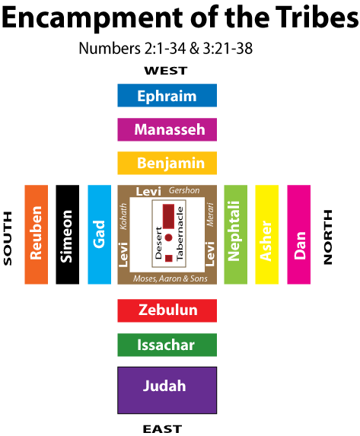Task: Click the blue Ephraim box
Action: tap(167, 95)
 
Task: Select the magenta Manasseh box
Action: tap(167, 129)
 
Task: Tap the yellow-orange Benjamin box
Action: tap(167, 163)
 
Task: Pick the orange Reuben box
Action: tap(37, 234)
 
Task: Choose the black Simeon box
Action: tap(67, 234)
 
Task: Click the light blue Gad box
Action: tap(99, 234)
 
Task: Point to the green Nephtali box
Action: tap(236, 234)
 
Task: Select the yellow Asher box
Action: tap(267, 234)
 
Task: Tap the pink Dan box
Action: tap(299, 234)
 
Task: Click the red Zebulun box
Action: tap(167, 310)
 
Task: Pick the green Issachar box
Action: tap(167, 345)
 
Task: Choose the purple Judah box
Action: tap(167, 390)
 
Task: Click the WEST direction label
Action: tap(166, 71)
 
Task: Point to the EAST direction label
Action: tap(162, 428)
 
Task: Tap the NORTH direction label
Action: tap(328, 237)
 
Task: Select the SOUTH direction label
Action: tap(8, 238)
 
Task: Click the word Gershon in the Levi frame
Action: tap(184, 190)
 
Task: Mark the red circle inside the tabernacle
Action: tap(168, 237)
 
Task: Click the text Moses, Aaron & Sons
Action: tap(170, 278)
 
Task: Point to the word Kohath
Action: tap(123, 216)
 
